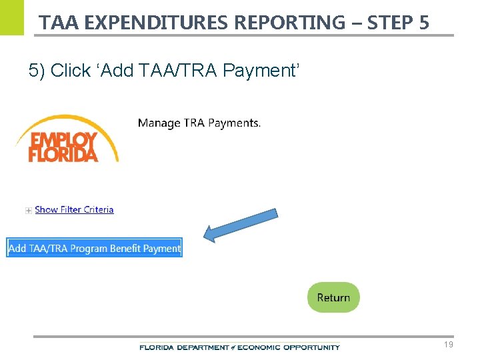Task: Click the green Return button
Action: (x=333, y=297)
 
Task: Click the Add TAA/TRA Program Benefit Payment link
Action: (x=94, y=248)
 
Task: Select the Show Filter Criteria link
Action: (x=74, y=209)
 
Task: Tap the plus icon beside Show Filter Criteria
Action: (x=28, y=210)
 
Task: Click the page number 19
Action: (x=448, y=345)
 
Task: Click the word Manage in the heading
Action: (x=159, y=123)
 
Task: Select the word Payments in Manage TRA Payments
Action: (x=234, y=123)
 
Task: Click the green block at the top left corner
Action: (x=11, y=17)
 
